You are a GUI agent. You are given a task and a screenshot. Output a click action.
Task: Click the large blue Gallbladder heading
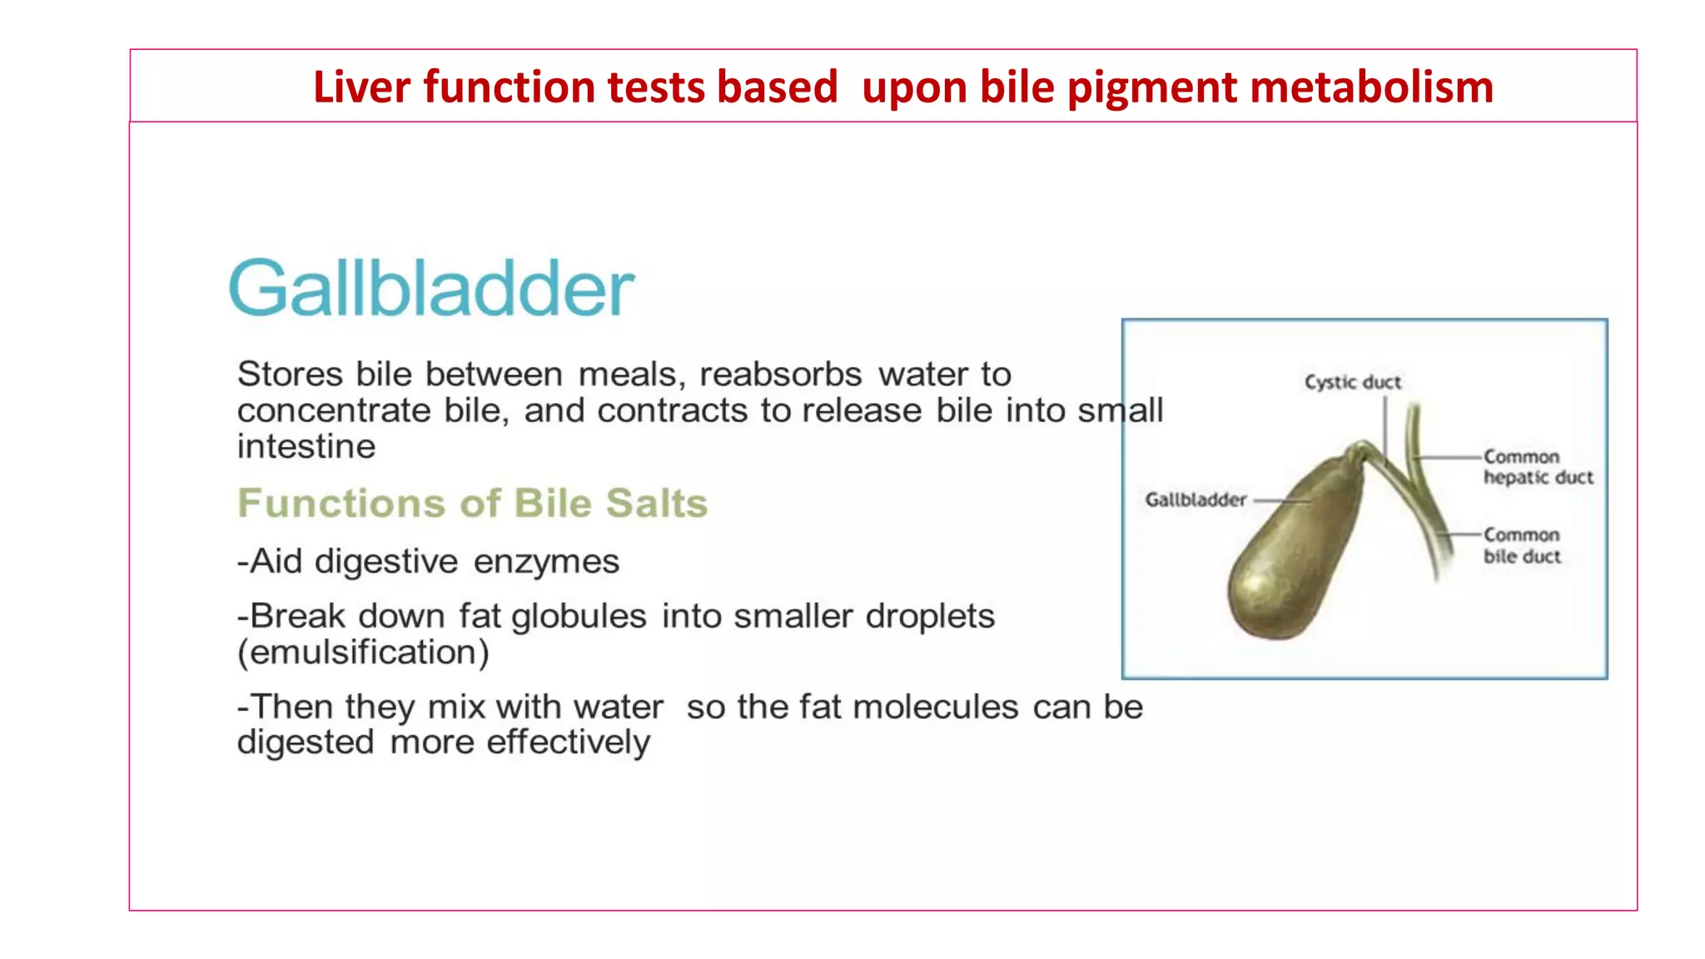click(431, 288)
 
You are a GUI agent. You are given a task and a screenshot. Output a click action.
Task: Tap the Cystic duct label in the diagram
click(1352, 382)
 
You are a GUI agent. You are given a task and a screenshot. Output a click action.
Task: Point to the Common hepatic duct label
click(1537, 467)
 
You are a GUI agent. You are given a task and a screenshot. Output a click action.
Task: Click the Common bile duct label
click(1521, 545)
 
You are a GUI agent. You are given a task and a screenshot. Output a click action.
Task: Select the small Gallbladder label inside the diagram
click(1195, 499)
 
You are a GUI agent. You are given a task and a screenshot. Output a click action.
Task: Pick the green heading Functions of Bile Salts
click(472, 503)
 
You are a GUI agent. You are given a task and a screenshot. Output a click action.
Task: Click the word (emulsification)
click(363, 652)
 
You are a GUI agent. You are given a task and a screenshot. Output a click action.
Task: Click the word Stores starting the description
click(290, 374)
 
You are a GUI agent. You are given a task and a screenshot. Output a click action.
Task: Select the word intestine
click(306, 446)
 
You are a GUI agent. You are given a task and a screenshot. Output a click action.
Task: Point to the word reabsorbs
click(780, 374)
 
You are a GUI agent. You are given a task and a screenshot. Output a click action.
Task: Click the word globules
click(579, 616)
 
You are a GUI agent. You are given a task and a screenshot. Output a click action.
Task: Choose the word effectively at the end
click(568, 742)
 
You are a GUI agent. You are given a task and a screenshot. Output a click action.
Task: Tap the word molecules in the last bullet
click(935, 707)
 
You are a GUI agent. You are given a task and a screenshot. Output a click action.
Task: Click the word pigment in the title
click(1151, 87)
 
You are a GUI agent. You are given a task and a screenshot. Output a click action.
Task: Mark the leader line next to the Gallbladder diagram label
click(1281, 500)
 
